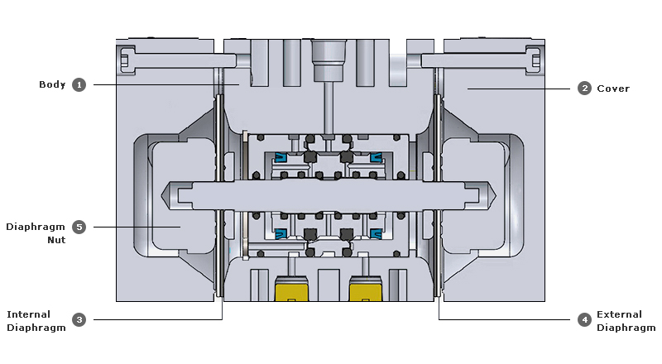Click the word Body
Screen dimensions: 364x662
coord(52,84)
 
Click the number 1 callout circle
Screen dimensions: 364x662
coord(79,84)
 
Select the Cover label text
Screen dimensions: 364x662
coord(613,89)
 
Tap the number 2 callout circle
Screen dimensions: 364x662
coord(584,89)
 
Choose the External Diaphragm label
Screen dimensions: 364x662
coord(625,321)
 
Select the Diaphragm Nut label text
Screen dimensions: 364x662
coord(36,232)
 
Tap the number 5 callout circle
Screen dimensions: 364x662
coord(79,226)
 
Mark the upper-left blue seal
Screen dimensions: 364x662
coord(280,157)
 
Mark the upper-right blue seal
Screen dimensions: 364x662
coord(376,157)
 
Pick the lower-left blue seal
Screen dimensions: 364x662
coord(280,233)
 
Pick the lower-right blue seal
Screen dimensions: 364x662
coord(376,233)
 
